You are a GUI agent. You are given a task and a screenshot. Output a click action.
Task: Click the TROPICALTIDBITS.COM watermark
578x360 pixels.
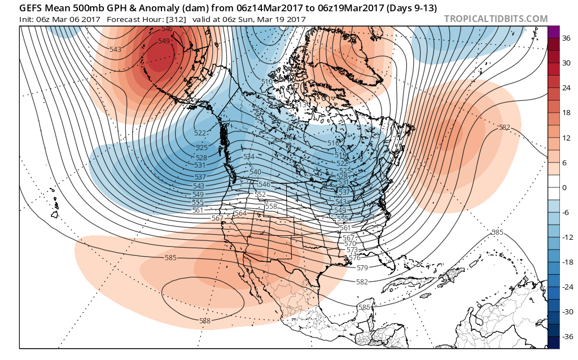(496, 19)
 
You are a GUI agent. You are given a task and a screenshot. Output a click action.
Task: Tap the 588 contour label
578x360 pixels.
(205, 321)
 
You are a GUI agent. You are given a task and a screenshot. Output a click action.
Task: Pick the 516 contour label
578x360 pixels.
(334, 143)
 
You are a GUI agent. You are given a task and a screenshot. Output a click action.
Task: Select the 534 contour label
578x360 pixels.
(249, 156)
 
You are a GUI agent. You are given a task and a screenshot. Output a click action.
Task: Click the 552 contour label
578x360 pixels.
(260, 194)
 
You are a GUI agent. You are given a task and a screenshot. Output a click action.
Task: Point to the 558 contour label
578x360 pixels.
(271, 207)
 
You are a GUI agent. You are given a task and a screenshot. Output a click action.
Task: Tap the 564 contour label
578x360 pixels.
(240, 213)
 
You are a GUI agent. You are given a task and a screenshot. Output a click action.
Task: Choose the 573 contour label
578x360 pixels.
(352, 249)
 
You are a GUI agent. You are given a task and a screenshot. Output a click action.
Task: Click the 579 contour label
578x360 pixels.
(362, 267)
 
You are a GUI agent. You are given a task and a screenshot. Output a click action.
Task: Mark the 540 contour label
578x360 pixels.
(255, 172)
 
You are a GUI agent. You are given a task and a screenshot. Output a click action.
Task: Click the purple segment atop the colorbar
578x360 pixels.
(553, 32)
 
